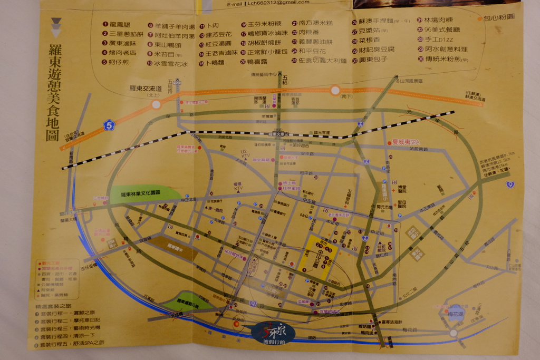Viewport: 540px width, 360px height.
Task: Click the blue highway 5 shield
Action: [109, 125]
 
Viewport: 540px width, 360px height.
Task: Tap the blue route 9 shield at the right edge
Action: [509, 184]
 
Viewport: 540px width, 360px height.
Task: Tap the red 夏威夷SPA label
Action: [405, 142]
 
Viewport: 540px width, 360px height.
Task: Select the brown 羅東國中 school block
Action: [174, 246]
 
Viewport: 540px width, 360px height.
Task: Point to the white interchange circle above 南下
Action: [335, 90]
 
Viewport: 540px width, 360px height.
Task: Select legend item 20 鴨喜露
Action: [257, 62]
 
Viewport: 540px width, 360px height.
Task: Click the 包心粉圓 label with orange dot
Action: [496, 18]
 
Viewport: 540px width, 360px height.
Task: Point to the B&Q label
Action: [304, 215]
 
